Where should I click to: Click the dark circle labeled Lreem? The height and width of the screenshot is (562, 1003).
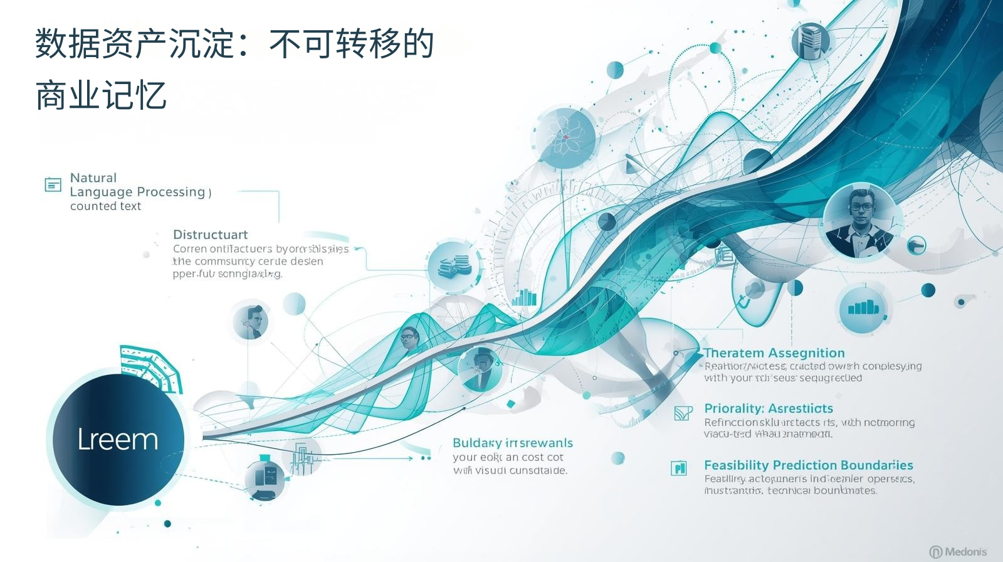(x=117, y=440)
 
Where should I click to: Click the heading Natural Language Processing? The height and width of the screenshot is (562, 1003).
(x=138, y=184)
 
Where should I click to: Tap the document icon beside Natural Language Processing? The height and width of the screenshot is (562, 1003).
(x=53, y=184)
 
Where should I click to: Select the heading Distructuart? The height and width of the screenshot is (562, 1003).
(x=210, y=235)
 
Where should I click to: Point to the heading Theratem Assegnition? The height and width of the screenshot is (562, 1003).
(x=774, y=353)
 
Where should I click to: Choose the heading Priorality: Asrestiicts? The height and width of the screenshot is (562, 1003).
(x=769, y=408)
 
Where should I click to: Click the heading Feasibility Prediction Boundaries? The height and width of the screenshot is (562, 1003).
(x=808, y=465)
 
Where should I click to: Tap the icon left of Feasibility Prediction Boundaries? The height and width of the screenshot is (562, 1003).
(x=679, y=468)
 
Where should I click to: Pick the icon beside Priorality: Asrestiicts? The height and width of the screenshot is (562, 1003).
(x=683, y=413)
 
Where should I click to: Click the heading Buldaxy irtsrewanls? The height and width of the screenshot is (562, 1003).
(x=513, y=443)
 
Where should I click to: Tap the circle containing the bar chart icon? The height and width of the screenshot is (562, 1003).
(x=864, y=309)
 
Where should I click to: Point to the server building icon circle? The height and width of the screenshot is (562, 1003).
(x=810, y=41)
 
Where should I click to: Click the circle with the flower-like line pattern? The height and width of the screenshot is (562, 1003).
(x=565, y=137)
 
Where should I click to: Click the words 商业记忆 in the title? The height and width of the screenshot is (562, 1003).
(x=101, y=96)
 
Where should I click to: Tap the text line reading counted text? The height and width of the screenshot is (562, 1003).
(x=105, y=206)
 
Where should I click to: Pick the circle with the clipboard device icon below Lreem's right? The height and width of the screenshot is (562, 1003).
(x=264, y=479)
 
